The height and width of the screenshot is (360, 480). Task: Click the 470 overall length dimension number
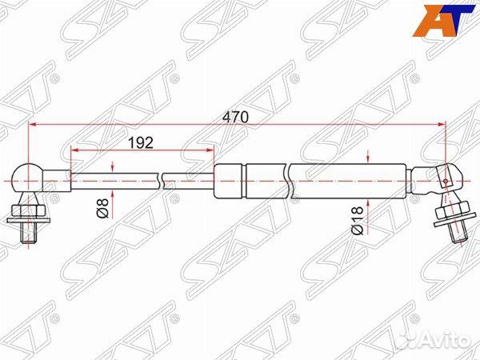coord(236,117)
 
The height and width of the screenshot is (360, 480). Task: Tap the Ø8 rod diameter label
coord(103,210)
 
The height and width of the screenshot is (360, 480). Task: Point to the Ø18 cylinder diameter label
coord(358,218)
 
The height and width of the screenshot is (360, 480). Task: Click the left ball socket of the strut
coord(28,178)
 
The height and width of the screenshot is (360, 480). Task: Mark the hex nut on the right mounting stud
coord(452,212)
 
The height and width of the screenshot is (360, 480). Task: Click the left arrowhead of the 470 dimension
coord(33,125)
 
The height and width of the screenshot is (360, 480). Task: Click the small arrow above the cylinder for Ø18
coord(366,158)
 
